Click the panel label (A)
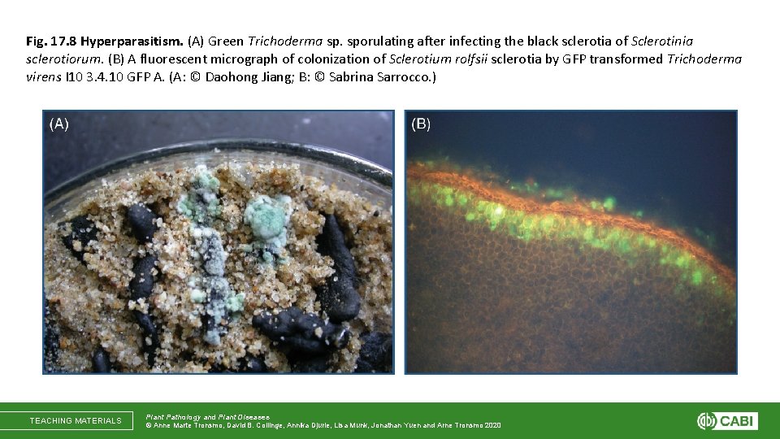[59, 124]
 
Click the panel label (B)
[421, 124]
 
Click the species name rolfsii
[462, 59]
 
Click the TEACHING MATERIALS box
[76, 420]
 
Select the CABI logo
[726, 420]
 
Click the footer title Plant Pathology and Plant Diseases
[207, 416]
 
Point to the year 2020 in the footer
[491, 425]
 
